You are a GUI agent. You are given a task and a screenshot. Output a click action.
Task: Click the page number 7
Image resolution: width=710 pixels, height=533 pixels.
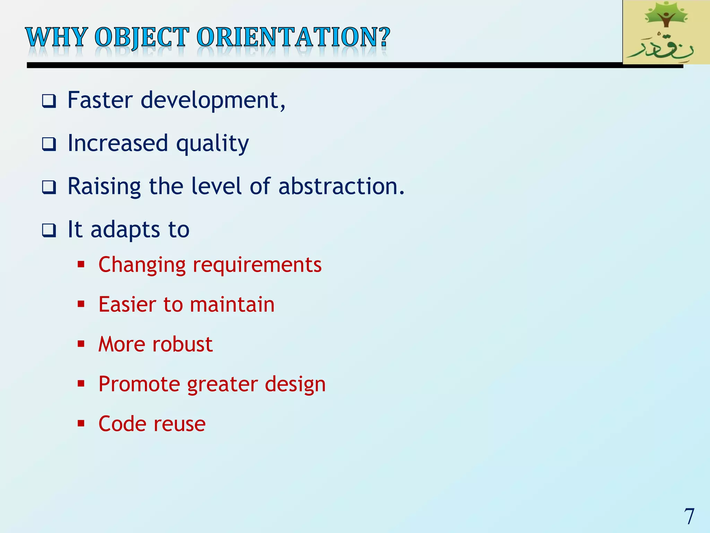pos(689,516)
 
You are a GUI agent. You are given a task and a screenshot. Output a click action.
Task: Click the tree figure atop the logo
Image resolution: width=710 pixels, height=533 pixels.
pos(666,16)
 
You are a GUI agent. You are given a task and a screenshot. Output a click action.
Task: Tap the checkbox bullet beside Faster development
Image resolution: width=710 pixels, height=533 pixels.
pos(49,101)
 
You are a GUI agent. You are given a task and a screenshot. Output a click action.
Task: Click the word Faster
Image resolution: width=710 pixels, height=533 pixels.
pos(100,100)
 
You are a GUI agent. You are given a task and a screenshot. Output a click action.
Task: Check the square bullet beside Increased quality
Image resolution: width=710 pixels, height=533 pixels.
pos(49,144)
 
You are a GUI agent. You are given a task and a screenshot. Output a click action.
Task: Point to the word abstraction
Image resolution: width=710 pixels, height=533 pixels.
pos(341,186)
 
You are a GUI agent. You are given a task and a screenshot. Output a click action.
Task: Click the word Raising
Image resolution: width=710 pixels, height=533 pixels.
pos(104,187)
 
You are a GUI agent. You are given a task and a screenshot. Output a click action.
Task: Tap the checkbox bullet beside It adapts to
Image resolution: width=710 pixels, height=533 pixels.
pos(49,230)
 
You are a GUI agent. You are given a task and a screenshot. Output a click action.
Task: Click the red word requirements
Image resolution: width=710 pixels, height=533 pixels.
pos(257,265)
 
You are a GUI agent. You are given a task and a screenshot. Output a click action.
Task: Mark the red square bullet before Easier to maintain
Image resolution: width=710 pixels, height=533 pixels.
pos(81,304)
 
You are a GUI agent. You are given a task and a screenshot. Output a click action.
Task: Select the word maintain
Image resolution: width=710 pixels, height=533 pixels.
pos(232,304)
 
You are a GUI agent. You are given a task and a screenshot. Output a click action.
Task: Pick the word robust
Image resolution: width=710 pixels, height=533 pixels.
pos(182,344)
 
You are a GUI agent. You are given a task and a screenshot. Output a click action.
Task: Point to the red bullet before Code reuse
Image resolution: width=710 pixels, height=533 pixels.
pos(81,423)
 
